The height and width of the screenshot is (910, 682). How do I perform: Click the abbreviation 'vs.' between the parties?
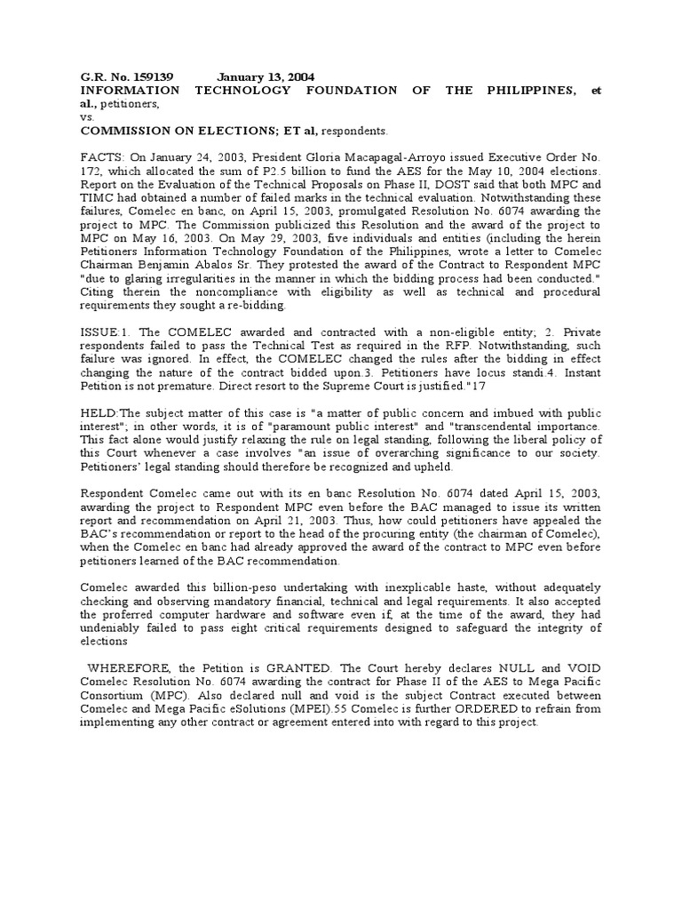(87, 116)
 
